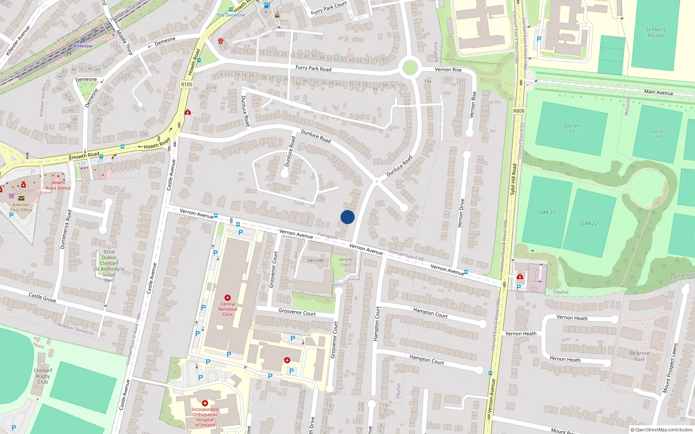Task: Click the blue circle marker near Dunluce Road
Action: (x=347, y=217)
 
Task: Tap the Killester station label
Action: (x=83, y=46)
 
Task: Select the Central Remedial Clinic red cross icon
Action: (x=228, y=298)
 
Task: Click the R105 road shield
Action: (x=187, y=84)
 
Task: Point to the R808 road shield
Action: (x=519, y=111)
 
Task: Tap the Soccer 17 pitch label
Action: (x=572, y=128)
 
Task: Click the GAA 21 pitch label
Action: (x=547, y=212)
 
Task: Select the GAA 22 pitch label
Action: (x=589, y=223)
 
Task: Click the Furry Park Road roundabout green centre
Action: (x=410, y=68)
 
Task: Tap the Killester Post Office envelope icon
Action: (x=21, y=198)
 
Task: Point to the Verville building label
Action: (x=315, y=260)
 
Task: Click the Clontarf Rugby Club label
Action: (x=43, y=376)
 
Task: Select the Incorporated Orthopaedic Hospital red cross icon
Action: (x=205, y=403)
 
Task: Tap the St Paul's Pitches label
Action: (x=655, y=33)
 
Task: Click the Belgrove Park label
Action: (x=639, y=356)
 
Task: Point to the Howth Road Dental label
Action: (x=58, y=185)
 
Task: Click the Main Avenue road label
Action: (x=659, y=92)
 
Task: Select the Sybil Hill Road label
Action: (x=513, y=179)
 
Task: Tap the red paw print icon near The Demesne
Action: (x=221, y=41)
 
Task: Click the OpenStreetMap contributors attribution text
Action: (x=662, y=430)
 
